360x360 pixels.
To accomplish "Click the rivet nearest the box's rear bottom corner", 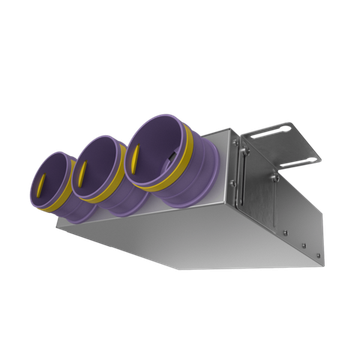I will tap(318, 251).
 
